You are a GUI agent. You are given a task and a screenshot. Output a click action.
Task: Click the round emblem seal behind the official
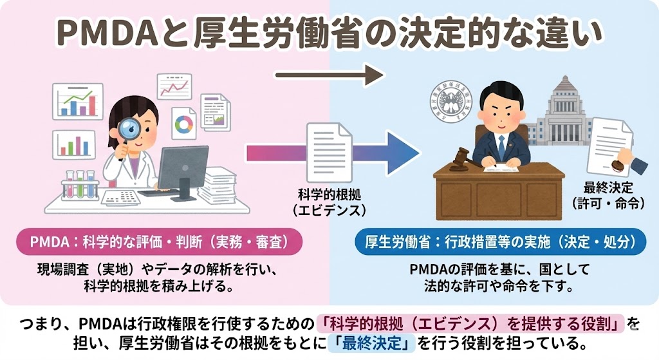click(x=450, y=103)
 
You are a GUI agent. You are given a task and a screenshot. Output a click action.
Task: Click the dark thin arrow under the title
click(x=329, y=76)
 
